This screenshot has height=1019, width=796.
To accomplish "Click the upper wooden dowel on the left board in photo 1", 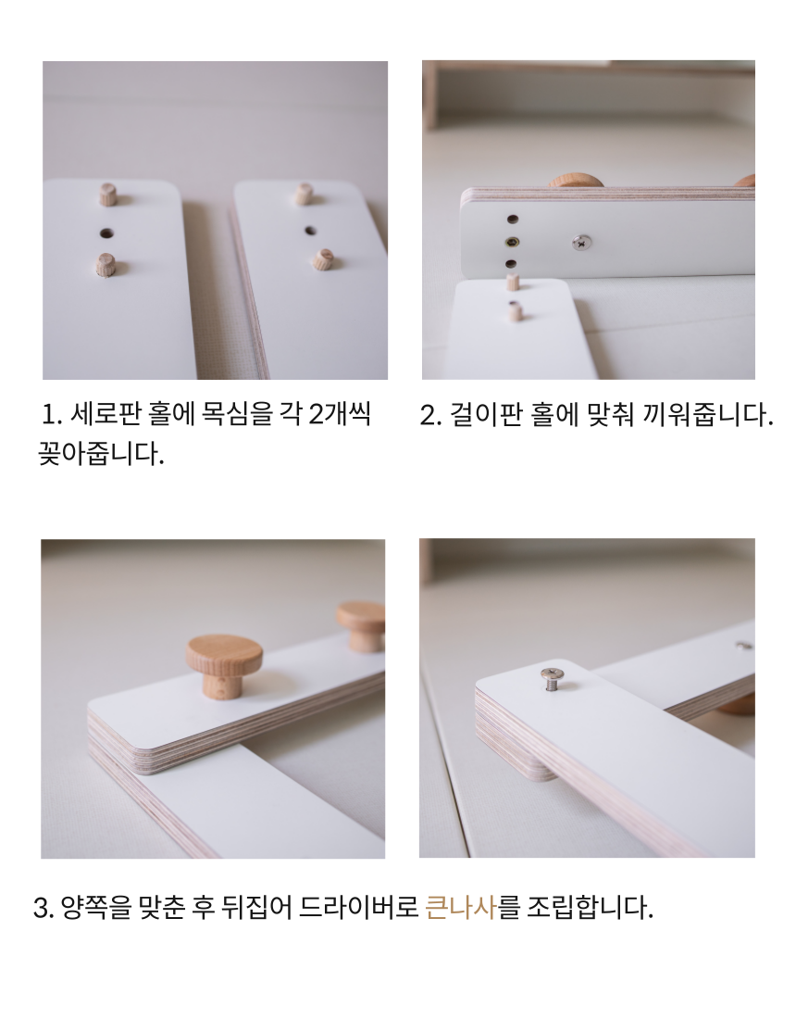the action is [107, 194].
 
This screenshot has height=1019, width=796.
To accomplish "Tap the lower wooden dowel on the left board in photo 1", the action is [106, 265].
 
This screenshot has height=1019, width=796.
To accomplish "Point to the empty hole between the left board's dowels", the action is [106, 233].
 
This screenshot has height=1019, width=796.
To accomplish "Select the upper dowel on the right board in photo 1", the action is [304, 193].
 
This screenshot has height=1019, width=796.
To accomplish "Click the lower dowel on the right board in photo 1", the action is [322, 258].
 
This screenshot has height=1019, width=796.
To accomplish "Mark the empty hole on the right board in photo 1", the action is [310, 230].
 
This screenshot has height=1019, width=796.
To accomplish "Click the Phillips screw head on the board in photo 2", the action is [582, 243].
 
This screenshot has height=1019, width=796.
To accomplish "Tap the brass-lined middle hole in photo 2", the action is [512, 243].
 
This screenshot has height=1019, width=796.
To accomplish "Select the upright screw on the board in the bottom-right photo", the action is [552, 678].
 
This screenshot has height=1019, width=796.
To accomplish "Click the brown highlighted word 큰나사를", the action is [473, 907].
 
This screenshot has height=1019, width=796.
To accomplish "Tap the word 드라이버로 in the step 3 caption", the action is [358, 907].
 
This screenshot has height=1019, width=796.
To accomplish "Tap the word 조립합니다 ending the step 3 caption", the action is [589, 907].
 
